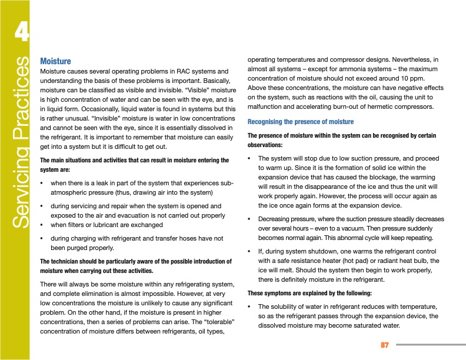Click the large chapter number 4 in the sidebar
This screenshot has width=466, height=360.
pyautogui.click(x=21, y=32)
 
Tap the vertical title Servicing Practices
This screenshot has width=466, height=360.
pyautogui.click(x=22, y=142)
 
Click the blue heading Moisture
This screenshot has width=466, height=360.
pyautogui.click(x=55, y=61)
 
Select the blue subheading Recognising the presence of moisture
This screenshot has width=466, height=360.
pyautogui.click(x=300, y=122)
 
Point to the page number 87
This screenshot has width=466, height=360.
pyautogui.click(x=385, y=345)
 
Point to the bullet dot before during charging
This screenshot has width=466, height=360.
pyautogui.click(x=42, y=238)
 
